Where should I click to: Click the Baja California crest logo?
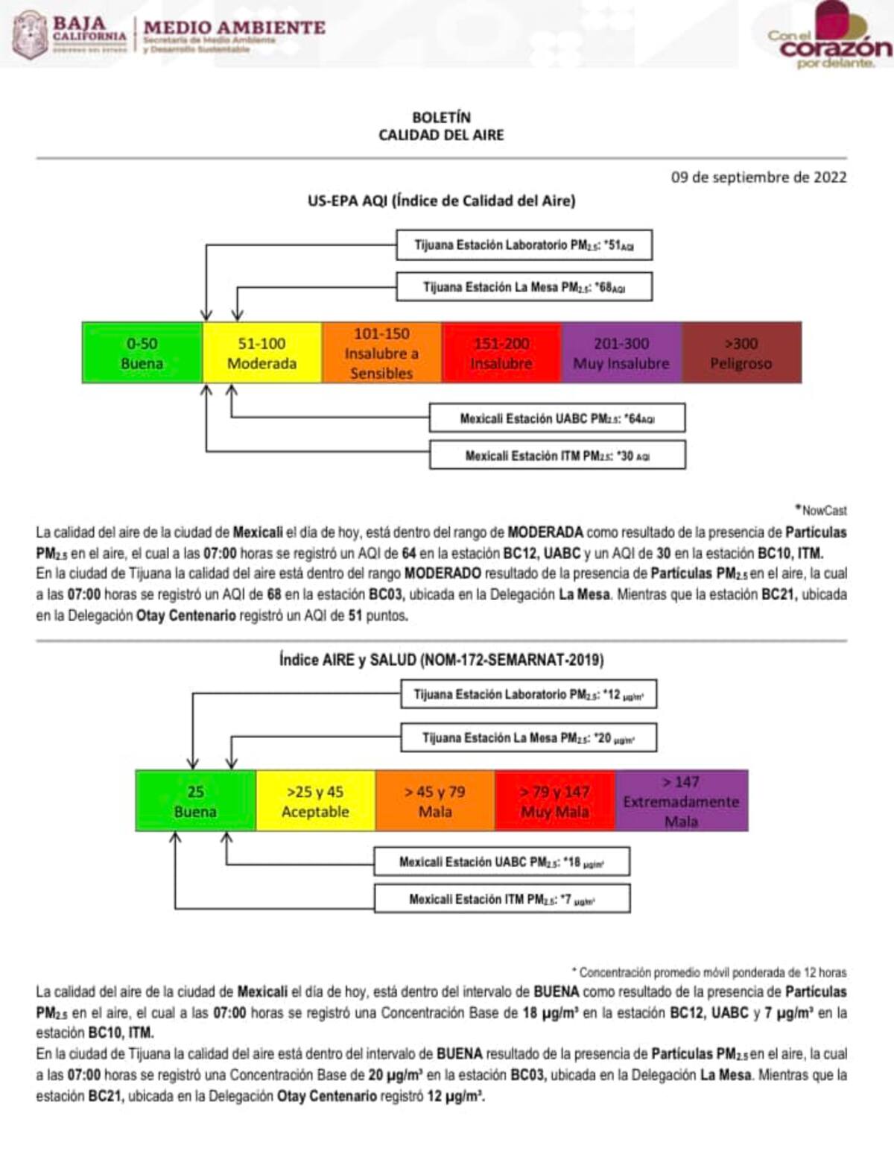click(x=31, y=34)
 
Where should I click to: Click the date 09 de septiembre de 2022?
click(x=758, y=177)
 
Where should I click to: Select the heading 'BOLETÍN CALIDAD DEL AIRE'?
click(x=441, y=126)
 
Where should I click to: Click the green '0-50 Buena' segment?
click(x=142, y=353)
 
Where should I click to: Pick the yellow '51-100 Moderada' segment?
click(x=261, y=353)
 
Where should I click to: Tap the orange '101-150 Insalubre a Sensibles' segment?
click(x=381, y=353)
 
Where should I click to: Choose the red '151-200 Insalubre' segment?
click(x=501, y=353)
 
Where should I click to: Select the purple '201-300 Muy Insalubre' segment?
click(x=621, y=353)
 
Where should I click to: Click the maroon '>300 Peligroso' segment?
click(x=741, y=353)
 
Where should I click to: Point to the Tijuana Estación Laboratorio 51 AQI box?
click(x=524, y=245)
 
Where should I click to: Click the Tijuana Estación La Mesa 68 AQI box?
click(x=524, y=287)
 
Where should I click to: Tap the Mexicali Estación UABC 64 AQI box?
click(x=557, y=418)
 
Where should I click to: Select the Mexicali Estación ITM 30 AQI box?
click(x=557, y=456)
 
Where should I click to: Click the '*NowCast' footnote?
click(x=824, y=511)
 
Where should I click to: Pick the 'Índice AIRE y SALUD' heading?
click(x=441, y=660)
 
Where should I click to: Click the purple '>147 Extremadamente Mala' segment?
click(x=681, y=801)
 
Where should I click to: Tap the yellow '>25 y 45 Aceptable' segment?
click(x=315, y=801)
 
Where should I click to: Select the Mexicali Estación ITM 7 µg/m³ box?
click(x=502, y=899)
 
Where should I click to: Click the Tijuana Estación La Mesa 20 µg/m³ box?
click(x=529, y=738)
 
